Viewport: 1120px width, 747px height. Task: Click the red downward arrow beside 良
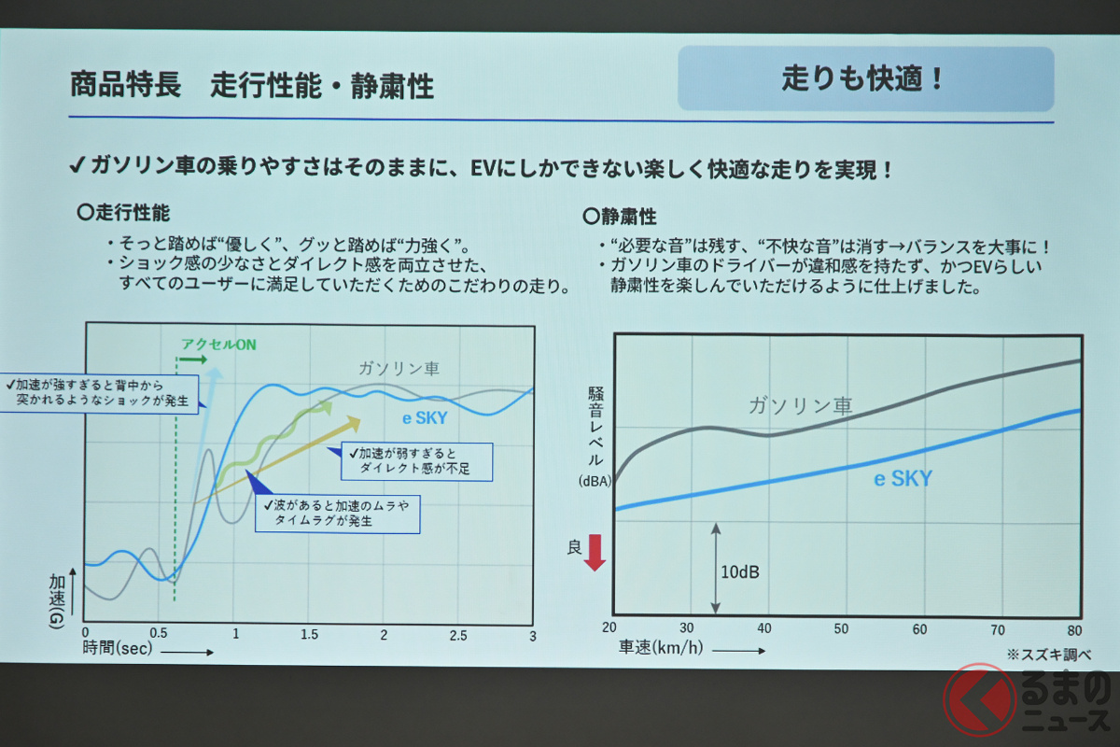click(595, 553)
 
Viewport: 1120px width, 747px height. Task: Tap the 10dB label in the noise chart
click(740, 571)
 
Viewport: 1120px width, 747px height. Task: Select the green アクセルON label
click(218, 345)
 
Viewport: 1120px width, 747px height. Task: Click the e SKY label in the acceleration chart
click(425, 417)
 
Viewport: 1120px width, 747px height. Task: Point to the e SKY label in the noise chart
click(903, 479)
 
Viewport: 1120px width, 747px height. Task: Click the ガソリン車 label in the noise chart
click(801, 406)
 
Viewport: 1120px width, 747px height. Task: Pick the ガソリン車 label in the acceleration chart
click(399, 369)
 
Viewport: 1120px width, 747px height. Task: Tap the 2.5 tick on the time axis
click(458, 636)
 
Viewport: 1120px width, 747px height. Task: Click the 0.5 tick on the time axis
click(159, 633)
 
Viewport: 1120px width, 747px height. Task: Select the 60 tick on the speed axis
click(919, 629)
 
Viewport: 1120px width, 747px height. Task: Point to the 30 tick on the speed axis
click(687, 627)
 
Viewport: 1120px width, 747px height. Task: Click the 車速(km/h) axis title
click(661, 647)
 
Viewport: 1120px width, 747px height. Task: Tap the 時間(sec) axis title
click(118, 648)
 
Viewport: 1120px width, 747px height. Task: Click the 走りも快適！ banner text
click(863, 78)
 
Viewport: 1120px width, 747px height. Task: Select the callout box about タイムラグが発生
click(338, 514)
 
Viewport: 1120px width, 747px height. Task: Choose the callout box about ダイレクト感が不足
click(416, 461)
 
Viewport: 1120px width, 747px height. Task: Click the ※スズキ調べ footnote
click(1049, 655)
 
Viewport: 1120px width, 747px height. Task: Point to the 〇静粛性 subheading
click(620, 217)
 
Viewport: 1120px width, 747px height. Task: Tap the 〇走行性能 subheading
click(123, 213)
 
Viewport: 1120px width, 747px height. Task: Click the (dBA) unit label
click(595, 481)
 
